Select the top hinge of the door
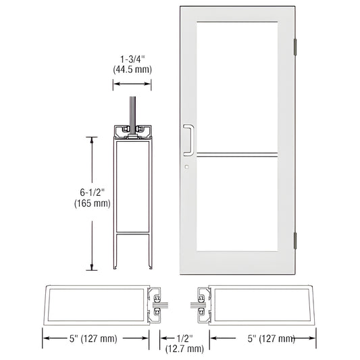[295, 47]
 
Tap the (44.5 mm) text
[132, 68]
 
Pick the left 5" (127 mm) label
[92, 338]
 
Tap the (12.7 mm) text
[184, 349]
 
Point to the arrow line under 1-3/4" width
[132, 84]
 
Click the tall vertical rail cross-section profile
[132, 196]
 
